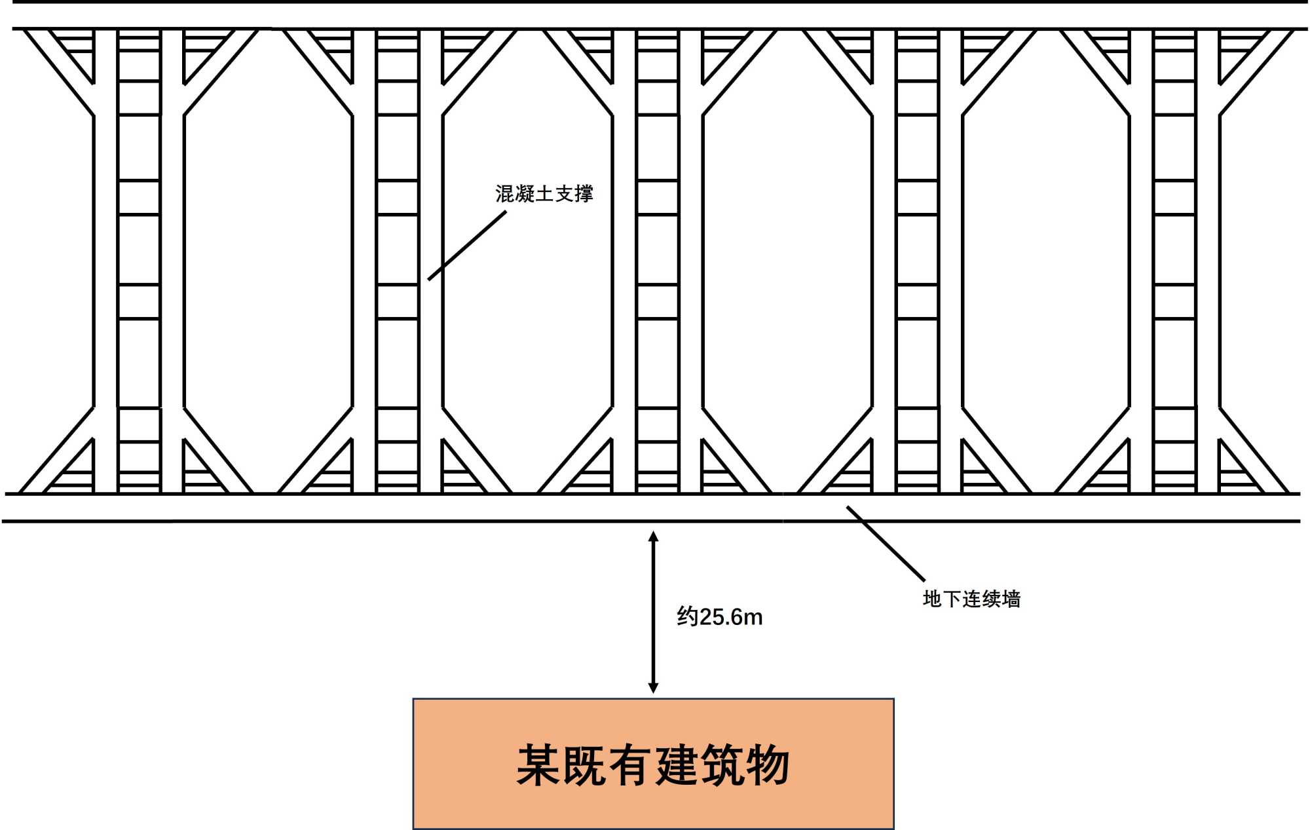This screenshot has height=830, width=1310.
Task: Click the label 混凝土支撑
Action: [544, 194]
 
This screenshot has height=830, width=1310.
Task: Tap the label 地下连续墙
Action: [971, 599]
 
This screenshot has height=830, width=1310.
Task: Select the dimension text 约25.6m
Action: [719, 617]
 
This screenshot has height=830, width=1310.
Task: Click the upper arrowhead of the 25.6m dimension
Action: [653, 537]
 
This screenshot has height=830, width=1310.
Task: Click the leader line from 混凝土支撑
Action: [467, 246]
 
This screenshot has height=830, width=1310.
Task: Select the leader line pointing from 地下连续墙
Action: [886, 543]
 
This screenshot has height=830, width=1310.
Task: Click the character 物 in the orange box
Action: [768, 764]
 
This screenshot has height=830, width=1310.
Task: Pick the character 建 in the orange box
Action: [677, 764]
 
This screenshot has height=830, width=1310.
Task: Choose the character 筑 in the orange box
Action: [722, 764]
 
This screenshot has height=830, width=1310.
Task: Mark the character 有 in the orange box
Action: [631, 764]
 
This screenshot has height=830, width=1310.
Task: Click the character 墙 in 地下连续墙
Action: [1011, 599]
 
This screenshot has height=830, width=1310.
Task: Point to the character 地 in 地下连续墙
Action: [932, 599]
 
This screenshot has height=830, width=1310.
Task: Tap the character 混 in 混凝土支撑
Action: [505, 194]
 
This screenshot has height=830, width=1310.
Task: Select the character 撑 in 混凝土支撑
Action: [584, 194]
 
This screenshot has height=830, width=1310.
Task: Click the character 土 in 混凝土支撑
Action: [544, 194]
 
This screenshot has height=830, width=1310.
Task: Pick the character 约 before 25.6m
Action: [687, 617]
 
